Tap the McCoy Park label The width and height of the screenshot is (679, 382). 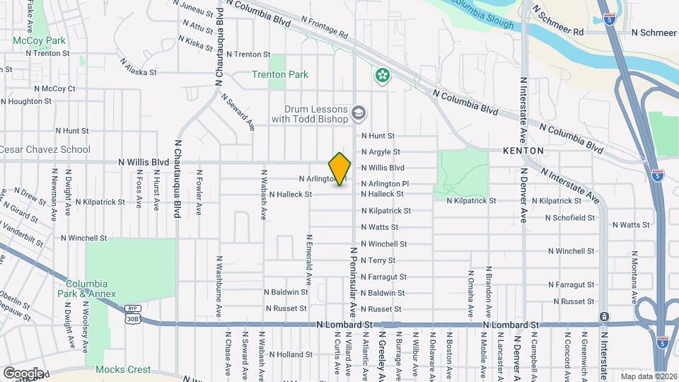[39, 40]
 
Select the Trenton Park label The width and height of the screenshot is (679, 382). [280, 74]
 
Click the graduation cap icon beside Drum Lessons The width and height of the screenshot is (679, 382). [359, 113]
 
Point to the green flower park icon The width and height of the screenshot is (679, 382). [383, 75]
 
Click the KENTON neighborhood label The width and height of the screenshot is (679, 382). [523, 151]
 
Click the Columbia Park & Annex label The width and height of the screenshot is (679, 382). [93, 289]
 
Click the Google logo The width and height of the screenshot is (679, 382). [23, 373]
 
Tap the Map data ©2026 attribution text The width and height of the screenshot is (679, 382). [649, 376]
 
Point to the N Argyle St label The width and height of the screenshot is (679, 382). [381, 151]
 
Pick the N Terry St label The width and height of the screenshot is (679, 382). [378, 260]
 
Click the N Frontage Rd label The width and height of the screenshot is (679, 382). [325, 28]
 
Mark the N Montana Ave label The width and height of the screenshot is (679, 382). [635, 267]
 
